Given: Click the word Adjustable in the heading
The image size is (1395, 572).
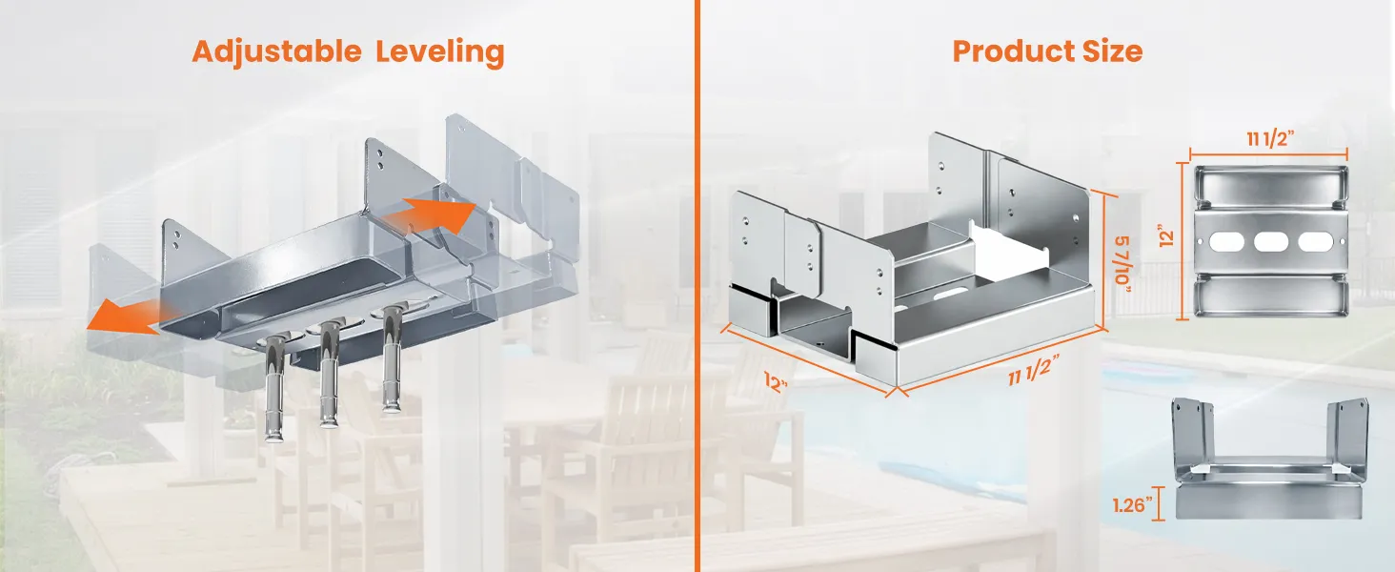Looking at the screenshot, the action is click(276, 51).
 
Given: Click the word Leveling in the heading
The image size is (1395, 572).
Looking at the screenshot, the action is click(439, 52).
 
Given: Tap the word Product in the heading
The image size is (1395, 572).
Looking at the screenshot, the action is click(1013, 51).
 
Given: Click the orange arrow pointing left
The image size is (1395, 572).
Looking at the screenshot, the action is click(125, 317).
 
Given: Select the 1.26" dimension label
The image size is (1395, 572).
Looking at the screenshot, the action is click(1133, 504).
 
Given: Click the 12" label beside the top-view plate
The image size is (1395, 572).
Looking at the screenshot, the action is click(1166, 238).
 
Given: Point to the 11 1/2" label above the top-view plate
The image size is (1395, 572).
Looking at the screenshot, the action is click(1270, 138).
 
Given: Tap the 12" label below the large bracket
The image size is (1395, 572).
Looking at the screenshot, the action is click(776, 382).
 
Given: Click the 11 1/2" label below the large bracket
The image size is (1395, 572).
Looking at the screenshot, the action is click(1034, 370).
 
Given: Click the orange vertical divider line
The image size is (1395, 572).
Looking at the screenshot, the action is click(697, 286).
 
